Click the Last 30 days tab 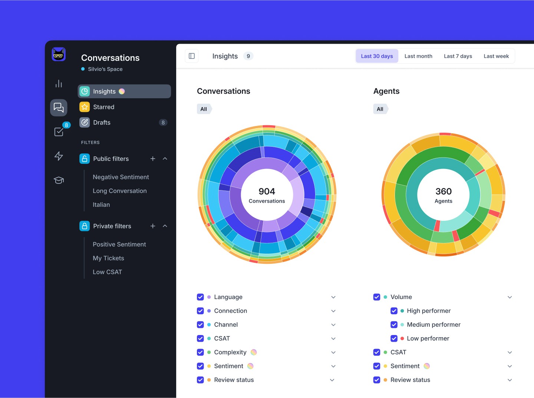pyautogui.click(x=377, y=56)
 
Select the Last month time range pyautogui.click(x=418, y=56)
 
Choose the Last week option pyautogui.click(x=496, y=56)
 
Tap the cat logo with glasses pyautogui.click(x=59, y=54)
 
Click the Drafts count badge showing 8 pyautogui.click(x=163, y=123)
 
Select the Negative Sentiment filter pyautogui.click(x=121, y=177)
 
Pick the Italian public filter pyautogui.click(x=101, y=205)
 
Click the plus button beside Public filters pyautogui.click(x=153, y=159)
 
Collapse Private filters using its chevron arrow pyautogui.click(x=165, y=226)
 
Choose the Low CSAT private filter pyautogui.click(x=107, y=272)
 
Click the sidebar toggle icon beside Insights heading pyautogui.click(x=192, y=56)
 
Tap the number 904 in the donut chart pyautogui.click(x=267, y=191)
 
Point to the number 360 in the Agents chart pyautogui.click(x=444, y=191)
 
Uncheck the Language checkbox pyautogui.click(x=200, y=297)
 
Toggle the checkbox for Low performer pyautogui.click(x=394, y=338)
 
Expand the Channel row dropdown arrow pyautogui.click(x=333, y=325)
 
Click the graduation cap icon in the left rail pyautogui.click(x=59, y=180)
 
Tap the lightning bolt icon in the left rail pyautogui.click(x=59, y=156)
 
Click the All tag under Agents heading pyautogui.click(x=380, y=109)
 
